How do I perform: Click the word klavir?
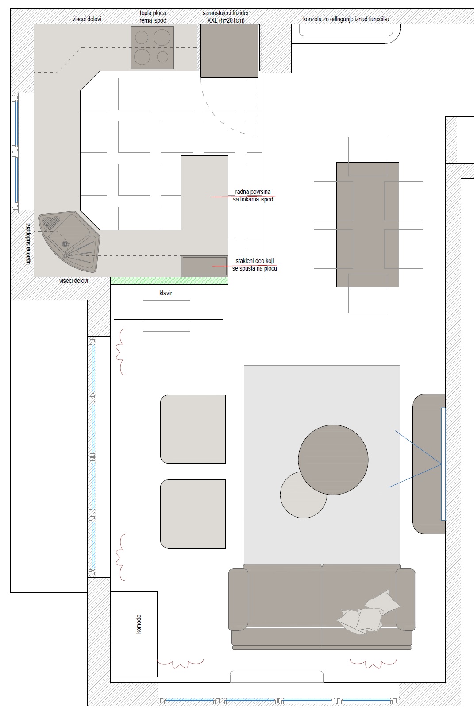click(x=166, y=293)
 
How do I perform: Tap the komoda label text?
click(x=139, y=624)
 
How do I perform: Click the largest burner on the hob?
click(x=162, y=37)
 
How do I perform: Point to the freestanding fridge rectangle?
click(x=229, y=51)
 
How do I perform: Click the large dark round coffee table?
click(x=333, y=460)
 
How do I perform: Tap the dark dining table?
click(x=367, y=225)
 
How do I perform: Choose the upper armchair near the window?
click(x=193, y=429)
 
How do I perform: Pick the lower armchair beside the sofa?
click(x=193, y=514)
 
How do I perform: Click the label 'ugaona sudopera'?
click(x=28, y=244)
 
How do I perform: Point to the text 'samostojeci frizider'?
click(x=226, y=13)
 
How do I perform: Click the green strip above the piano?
click(x=169, y=281)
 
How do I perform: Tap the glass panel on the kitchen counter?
click(x=204, y=266)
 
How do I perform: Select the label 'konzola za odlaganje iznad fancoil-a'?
click(x=346, y=19)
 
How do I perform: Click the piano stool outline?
click(x=166, y=316)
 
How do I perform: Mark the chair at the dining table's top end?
click(x=368, y=156)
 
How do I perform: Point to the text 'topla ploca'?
click(x=153, y=13)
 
